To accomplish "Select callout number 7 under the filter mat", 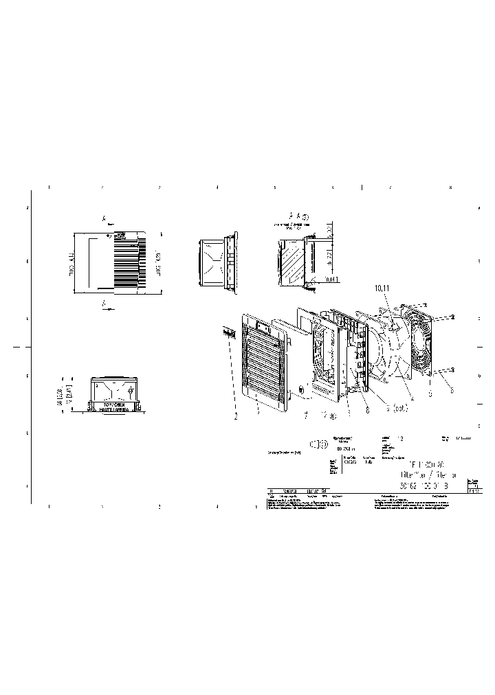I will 305,415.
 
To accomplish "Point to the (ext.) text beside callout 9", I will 398,408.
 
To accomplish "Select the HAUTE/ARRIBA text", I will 114,410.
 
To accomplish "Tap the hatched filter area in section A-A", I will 293,264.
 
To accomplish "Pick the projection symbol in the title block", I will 318,445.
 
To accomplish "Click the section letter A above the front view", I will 104,220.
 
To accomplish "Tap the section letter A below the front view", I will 103,302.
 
